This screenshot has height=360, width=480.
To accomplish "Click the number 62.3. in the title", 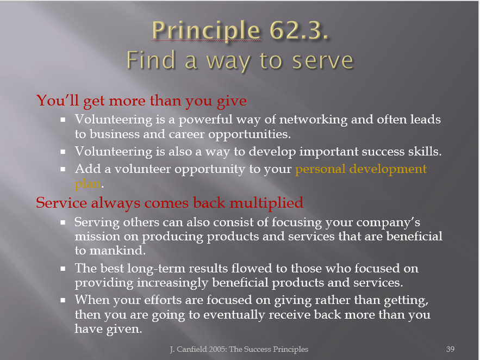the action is (x=299, y=30).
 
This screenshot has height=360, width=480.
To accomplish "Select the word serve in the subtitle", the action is (x=323, y=60).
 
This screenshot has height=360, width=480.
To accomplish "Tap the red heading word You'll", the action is (x=58, y=100).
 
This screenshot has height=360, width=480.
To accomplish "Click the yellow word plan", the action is (x=88, y=184).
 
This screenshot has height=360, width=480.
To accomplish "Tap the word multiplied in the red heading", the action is (x=266, y=203).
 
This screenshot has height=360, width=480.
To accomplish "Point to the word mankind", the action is (x=117, y=250).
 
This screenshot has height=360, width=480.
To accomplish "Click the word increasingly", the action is (x=172, y=283).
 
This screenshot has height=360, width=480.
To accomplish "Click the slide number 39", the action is (x=450, y=349).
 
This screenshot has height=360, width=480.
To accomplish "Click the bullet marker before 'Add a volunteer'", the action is (x=63, y=169).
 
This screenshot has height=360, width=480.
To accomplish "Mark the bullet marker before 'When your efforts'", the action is (x=63, y=300).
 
